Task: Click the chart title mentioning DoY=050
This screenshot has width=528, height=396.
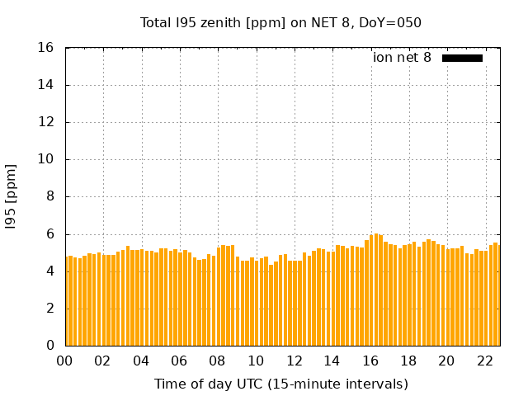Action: point(280,22)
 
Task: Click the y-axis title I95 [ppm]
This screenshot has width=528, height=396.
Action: point(12,196)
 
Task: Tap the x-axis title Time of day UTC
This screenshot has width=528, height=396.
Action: point(280,384)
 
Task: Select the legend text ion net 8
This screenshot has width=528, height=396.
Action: point(402,58)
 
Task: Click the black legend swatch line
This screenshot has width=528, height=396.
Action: point(462,58)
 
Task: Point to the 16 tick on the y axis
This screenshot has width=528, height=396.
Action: point(46,48)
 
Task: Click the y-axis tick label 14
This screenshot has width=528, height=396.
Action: point(46,85)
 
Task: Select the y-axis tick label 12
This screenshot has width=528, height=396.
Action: point(46,122)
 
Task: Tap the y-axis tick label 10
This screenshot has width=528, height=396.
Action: point(46,159)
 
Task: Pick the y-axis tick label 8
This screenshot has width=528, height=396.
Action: point(50,197)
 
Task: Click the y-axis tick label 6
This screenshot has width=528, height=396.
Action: point(50,234)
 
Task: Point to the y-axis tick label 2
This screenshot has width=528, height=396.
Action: point(50,309)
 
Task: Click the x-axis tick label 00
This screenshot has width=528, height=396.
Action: point(65,361)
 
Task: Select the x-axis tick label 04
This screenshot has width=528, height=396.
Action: point(141,361)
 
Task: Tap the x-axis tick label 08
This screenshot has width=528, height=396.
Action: point(217,361)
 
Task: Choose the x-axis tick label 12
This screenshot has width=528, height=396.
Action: point(294,361)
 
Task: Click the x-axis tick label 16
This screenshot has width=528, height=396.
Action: point(370,361)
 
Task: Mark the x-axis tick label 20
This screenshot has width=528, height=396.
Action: point(446,361)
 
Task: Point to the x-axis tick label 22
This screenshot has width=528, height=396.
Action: point(484,361)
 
